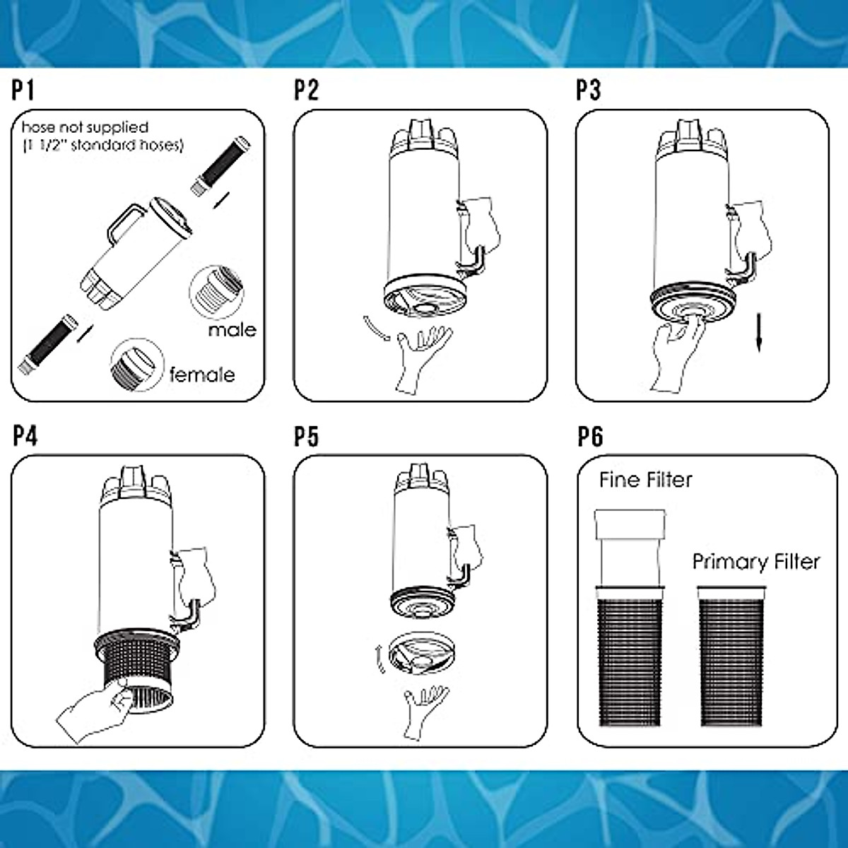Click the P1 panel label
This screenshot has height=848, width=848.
[x=23, y=91]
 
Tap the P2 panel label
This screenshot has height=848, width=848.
[x=306, y=91]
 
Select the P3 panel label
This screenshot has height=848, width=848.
[x=589, y=91]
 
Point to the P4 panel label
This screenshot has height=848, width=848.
[x=25, y=437]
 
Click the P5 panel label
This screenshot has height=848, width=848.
[x=306, y=437]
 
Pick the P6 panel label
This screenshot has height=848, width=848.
[x=590, y=437]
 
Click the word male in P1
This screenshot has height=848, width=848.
[x=232, y=330]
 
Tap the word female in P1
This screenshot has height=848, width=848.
[x=202, y=375]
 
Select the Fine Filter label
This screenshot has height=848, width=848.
[x=646, y=480]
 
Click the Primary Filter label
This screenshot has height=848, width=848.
[x=756, y=562]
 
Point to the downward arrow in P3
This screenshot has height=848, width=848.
[x=759, y=333]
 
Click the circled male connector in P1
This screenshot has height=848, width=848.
[x=216, y=292]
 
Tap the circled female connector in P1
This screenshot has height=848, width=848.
[x=137, y=365]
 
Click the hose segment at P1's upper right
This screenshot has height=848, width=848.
[x=221, y=166]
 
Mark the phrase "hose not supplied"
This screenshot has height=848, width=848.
[x=85, y=128]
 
